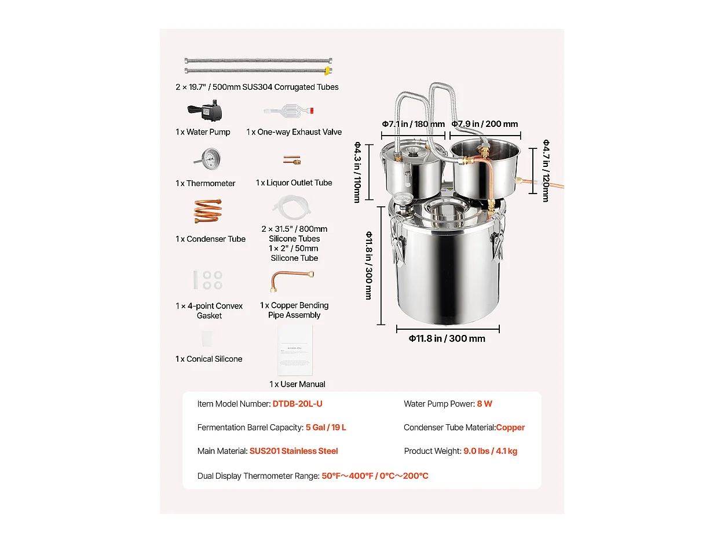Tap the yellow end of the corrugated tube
(x=327, y=71)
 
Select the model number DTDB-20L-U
(x=297, y=404)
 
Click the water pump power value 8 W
(x=484, y=404)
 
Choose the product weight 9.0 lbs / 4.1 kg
(x=490, y=451)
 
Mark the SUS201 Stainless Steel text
(x=294, y=451)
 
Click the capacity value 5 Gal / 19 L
(x=326, y=428)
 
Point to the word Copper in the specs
(x=510, y=428)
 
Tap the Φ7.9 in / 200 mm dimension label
(x=485, y=124)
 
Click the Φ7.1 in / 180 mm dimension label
(x=413, y=124)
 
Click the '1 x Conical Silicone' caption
(x=209, y=359)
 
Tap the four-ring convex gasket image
(x=212, y=280)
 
